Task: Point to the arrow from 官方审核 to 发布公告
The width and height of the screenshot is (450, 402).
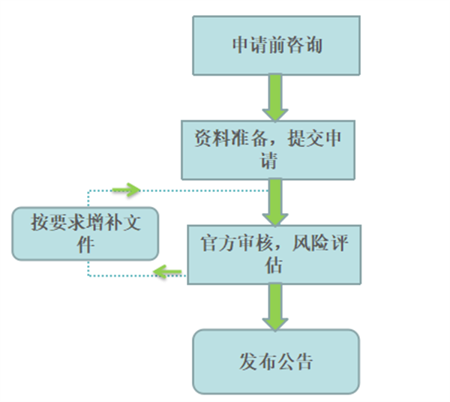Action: click(275, 307)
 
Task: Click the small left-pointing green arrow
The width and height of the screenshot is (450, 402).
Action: click(166, 272)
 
